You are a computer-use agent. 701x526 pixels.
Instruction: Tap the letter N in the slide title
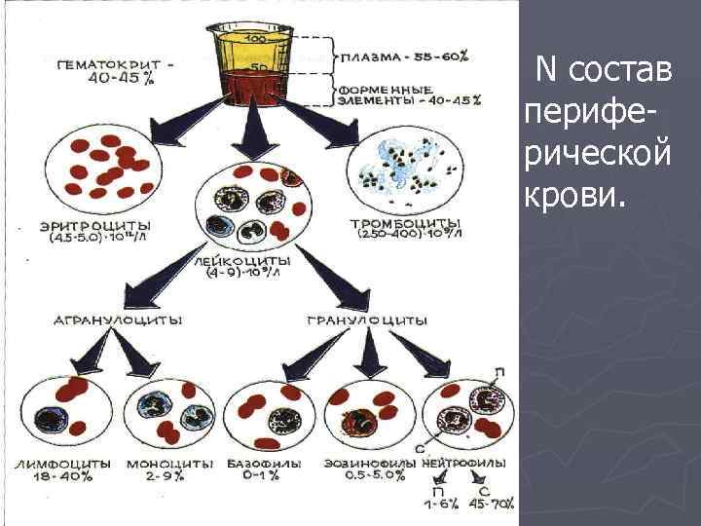coord(546,69)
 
